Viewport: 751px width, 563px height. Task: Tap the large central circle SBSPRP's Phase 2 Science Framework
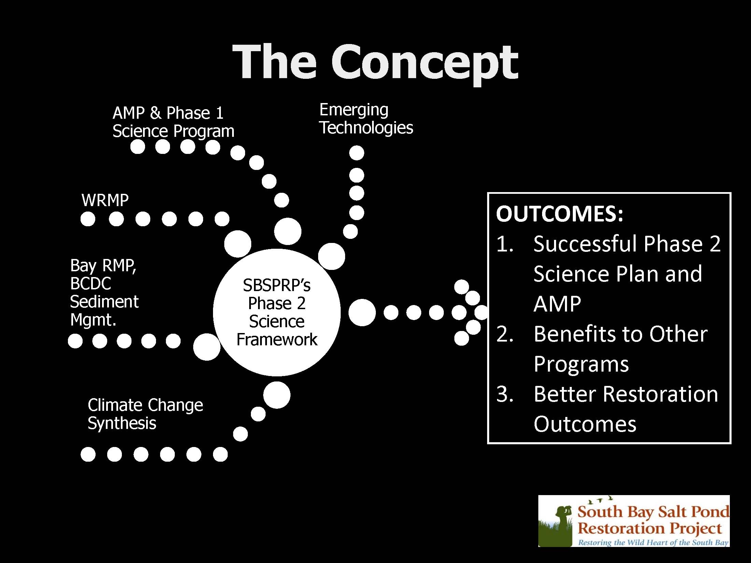tap(277, 312)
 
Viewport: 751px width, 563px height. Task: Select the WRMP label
tap(105, 200)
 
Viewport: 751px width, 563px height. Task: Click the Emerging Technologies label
tap(366, 119)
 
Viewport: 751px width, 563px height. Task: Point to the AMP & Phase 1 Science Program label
tap(173, 122)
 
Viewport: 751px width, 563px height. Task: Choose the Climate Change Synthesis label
tap(145, 414)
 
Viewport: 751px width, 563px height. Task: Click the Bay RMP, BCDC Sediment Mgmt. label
tap(104, 292)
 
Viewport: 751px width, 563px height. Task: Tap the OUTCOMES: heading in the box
tap(559, 214)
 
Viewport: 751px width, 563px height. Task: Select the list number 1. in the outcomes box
tap(505, 244)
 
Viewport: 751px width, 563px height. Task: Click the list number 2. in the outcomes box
tap(505, 334)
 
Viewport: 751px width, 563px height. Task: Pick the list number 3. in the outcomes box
tap(505, 394)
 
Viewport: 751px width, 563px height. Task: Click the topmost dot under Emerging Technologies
tap(357, 153)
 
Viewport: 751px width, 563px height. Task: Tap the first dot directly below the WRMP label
tap(88, 219)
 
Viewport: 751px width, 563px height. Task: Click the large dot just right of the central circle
tap(362, 313)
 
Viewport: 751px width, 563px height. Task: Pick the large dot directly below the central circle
tap(277, 395)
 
